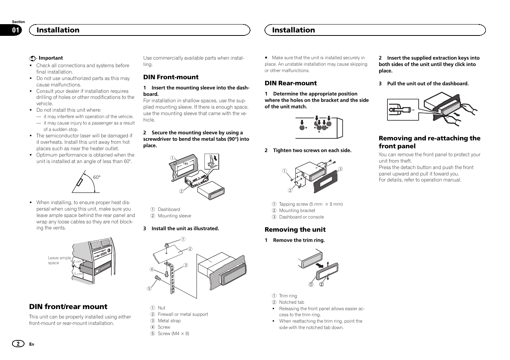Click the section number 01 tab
[16, 31]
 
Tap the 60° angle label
[97, 177]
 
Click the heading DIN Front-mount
[171, 77]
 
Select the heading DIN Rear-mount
[290, 83]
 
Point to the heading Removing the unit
[295, 229]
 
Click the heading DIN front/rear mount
[68, 306]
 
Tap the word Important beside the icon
[51, 58]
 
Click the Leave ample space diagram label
[59, 260]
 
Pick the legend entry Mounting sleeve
[174, 216]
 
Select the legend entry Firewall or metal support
[183, 314]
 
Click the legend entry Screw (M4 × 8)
[173, 334]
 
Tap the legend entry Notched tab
[291, 302]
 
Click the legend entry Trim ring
[288, 296]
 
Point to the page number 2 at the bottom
[17, 344]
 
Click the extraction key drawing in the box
[402, 109]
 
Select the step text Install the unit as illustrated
[185, 229]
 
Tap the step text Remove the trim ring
[298, 240]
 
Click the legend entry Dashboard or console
[301, 217]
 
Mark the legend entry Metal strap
[169, 321]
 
